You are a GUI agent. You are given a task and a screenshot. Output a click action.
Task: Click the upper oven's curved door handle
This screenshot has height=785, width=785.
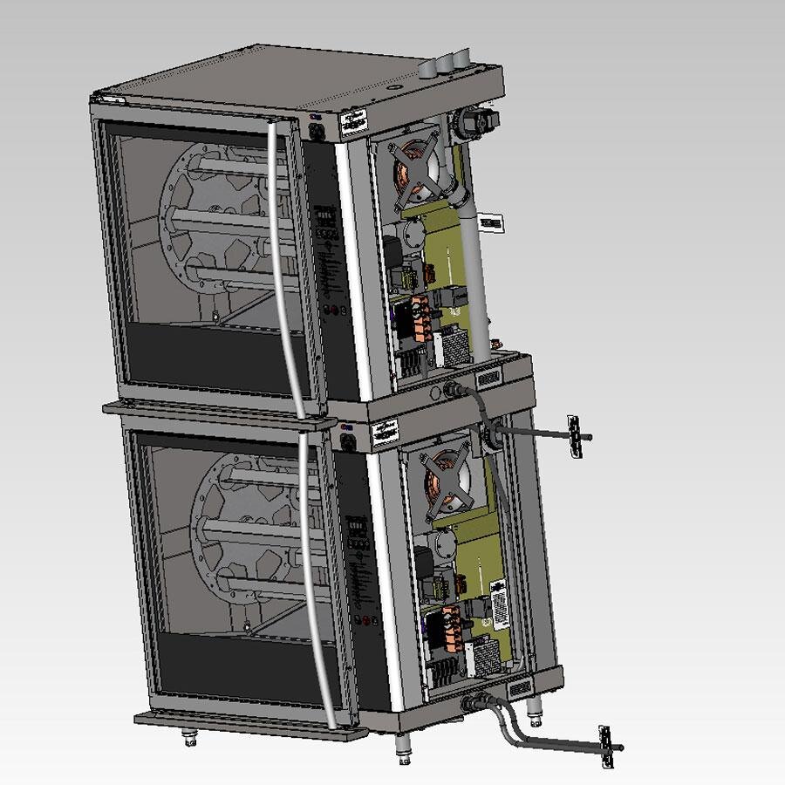[x=282, y=262]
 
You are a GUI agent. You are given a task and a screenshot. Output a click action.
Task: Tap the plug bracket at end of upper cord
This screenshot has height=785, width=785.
[x=575, y=435]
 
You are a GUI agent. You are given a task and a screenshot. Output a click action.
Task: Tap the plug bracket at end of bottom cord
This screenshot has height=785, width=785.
[x=605, y=747]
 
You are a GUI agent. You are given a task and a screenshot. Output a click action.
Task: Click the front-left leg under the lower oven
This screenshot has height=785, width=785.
[x=189, y=738]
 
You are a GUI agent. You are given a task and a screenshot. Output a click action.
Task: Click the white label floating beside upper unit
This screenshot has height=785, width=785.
[x=492, y=223]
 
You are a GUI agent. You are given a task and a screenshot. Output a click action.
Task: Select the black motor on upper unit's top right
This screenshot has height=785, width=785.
[x=477, y=121]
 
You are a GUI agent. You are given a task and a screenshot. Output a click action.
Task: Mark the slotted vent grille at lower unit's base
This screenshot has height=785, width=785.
[x=519, y=689]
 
